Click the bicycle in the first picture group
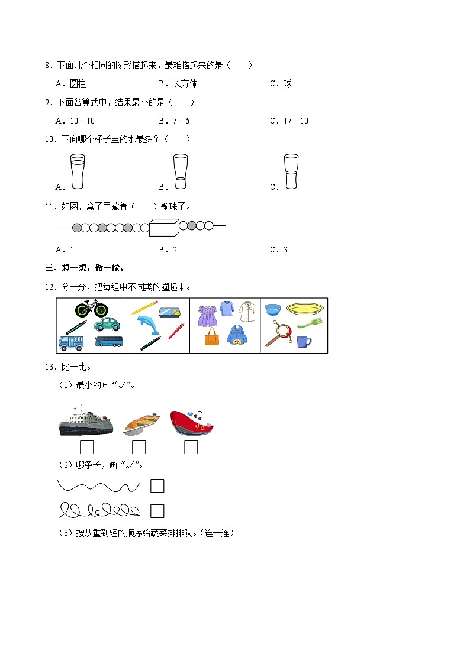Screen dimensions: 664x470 pyautogui.click(x=92, y=309)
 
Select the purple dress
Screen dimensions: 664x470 pyautogui.click(x=207, y=315)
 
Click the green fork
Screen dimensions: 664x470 pyautogui.click(x=310, y=323)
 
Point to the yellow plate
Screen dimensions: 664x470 pyautogui.click(x=305, y=308)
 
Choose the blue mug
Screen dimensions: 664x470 pyautogui.click(x=304, y=342)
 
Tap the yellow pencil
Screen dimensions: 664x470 pyautogui.click(x=144, y=307)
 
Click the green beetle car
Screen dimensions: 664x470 pyautogui.click(x=107, y=324)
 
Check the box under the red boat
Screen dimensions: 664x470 pyautogui.click(x=191, y=448)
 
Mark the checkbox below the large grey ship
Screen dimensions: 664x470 pyautogui.click(x=86, y=448)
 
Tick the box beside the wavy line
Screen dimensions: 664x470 pyautogui.click(x=157, y=486)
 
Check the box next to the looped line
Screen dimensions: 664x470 pyautogui.click(x=157, y=511)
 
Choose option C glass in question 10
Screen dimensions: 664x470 pyautogui.click(x=290, y=171)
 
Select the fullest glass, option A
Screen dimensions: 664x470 pyautogui.click(x=77, y=171)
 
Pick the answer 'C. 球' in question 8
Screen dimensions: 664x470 pyautogui.click(x=281, y=83)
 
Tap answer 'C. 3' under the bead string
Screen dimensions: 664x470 pyautogui.click(x=279, y=250)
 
